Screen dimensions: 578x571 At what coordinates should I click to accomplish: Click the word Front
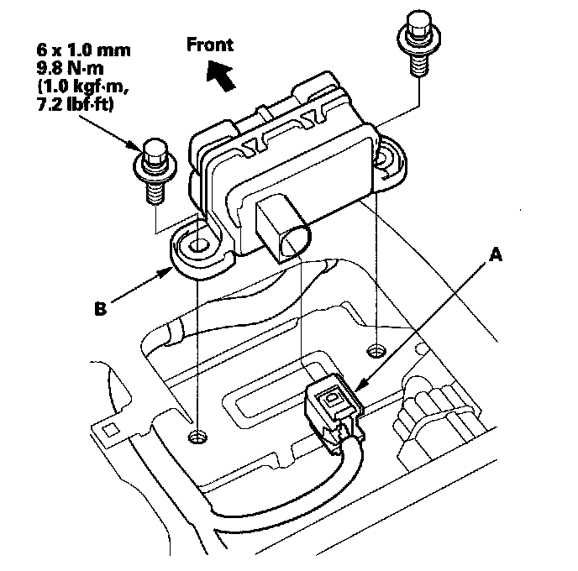coord(210,45)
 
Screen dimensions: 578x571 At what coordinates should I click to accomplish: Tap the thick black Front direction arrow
coord(220,76)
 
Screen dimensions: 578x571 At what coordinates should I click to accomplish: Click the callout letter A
coord(496,254)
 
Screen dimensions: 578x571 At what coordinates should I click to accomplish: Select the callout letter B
coord(101,309)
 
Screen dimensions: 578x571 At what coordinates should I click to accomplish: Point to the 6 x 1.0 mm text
coord(84,50)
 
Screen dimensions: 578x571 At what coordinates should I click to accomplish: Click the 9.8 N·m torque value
coord(70,68)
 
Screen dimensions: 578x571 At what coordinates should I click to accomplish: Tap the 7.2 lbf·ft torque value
coord(76,104)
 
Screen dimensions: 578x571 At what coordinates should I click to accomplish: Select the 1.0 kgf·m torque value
coord(83,86)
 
